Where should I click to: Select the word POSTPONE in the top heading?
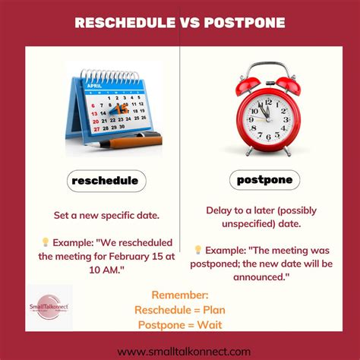click(x=246, y=23)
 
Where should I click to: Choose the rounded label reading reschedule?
click(x=105, y=180)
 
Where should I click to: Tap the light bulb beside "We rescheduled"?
click(x=45, y=242)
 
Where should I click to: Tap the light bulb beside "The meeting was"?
click(x=197, y=249)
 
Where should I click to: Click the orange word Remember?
click(x=180, y=294)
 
